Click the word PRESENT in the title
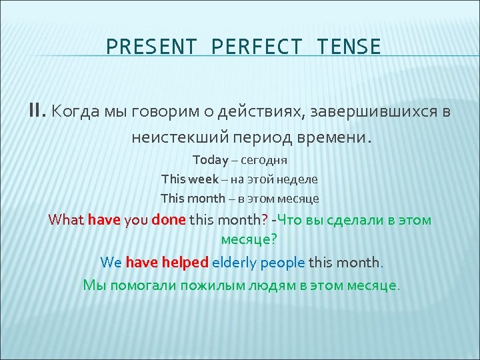click(x=153, y=47)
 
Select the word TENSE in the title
click(x=349, y=47)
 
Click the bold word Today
click(x=210, y=160)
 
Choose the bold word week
click(x=203, y=179)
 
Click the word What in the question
click(x=66, y=220)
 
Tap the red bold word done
click(x=169, y=220)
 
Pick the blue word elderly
click(x=234, y=262)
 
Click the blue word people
click(x=283, y=262)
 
